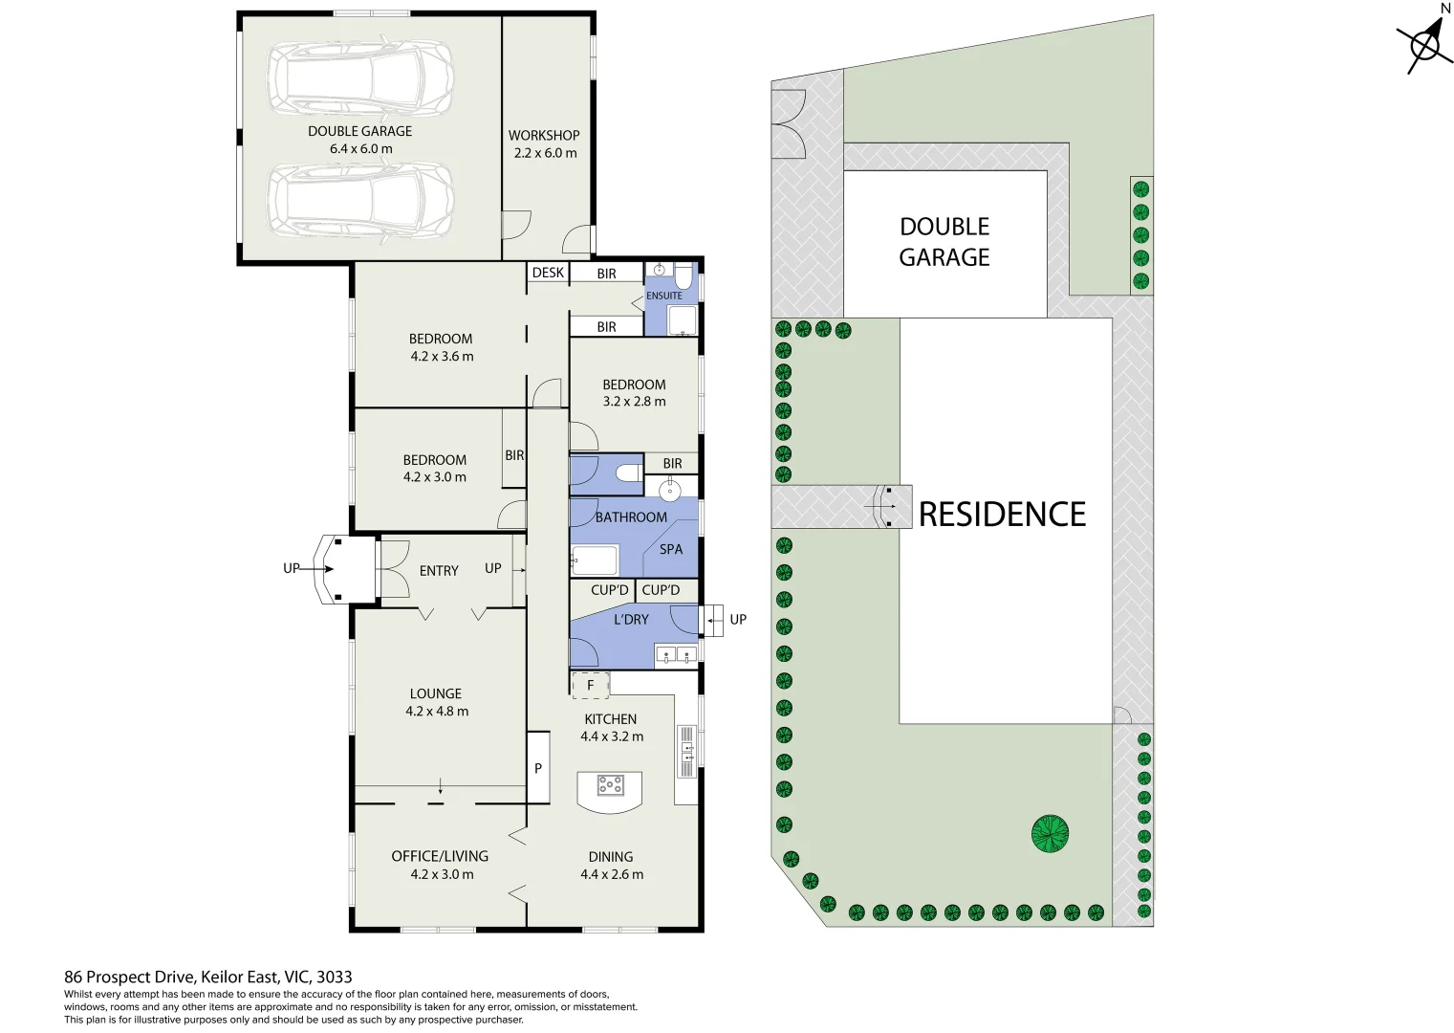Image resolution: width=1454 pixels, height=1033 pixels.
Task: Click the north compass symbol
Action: pos(1426,44)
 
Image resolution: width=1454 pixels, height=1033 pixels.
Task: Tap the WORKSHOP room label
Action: pos(544,136)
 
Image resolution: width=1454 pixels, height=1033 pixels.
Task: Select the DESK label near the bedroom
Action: pos(548,273)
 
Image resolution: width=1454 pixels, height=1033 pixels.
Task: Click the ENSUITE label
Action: pos(664,296)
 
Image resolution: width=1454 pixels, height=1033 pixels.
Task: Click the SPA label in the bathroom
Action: pos(671,549)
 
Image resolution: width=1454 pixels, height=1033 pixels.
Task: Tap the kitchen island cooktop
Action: pos(610,785)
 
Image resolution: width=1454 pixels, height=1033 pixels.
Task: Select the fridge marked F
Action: pos(590,685)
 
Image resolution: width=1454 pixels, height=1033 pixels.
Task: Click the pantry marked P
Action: pos(538,767)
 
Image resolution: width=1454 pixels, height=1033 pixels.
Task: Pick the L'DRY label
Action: pos(631,620)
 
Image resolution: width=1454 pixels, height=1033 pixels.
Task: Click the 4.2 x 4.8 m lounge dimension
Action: pos(437,712)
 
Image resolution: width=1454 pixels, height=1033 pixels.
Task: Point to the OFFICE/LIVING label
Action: pos(440,856)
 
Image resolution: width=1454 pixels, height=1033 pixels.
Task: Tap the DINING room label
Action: pos(611,857)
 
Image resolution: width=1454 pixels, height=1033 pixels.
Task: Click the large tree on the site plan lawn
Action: pos(1050,834)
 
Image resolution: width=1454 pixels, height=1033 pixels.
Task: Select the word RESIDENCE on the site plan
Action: pos(1002,515)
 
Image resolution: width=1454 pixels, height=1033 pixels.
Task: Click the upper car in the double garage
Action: pos(359,78)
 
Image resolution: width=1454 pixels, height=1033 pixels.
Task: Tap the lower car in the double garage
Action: pos(359,202)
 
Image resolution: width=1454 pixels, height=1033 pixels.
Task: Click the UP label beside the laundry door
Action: pos(738,620)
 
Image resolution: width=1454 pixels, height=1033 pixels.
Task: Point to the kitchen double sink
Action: pos(686,751)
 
